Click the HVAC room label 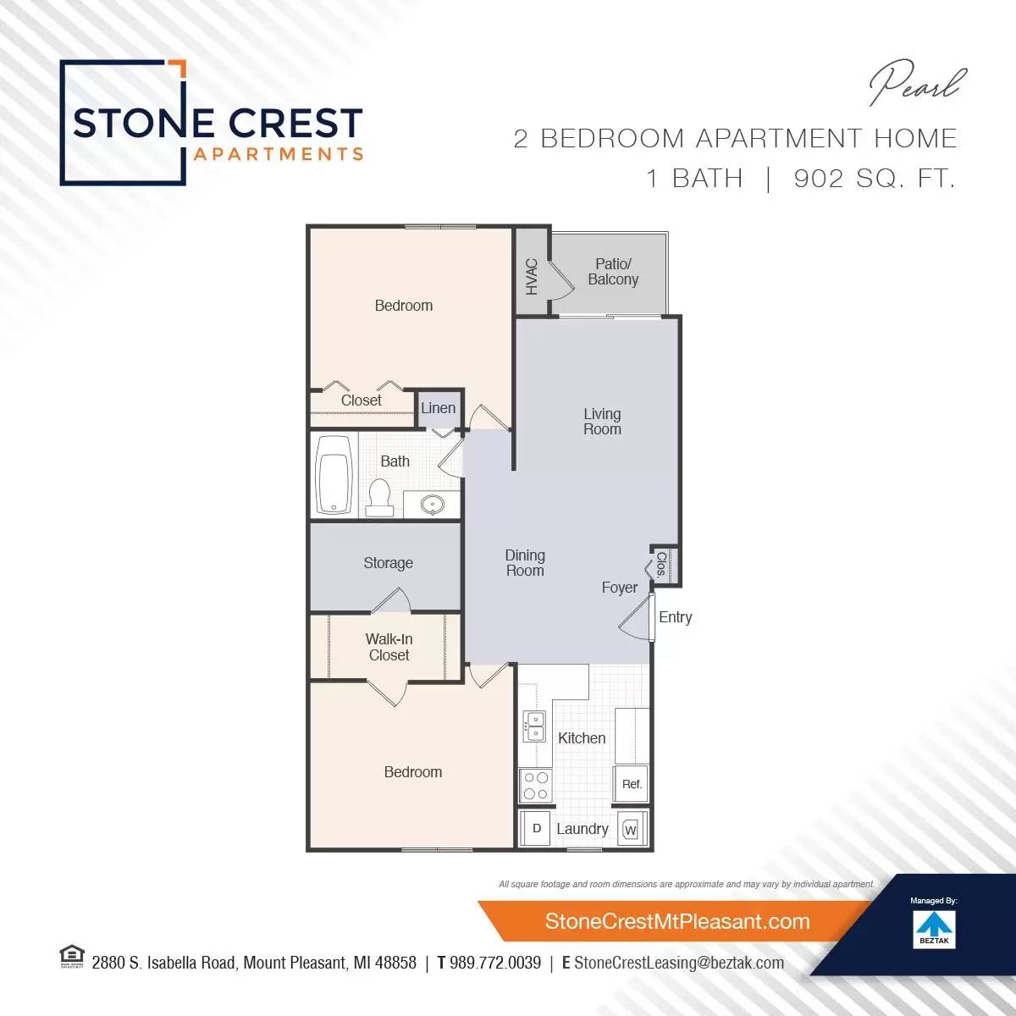[x=532, y=276]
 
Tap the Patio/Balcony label [x=613, y=272]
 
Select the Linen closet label [x=439, y=408]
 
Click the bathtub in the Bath [x=334, y=474]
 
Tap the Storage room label [x=388, y=563]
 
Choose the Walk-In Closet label [x=389, y=647]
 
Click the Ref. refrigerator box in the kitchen [x=632, y=784]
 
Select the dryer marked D [x=536, y=829]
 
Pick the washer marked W [x=630, y=830]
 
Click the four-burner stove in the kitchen [x=535, y=785]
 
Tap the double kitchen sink [x=535, y=726]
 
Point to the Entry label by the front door [x=676, y=617]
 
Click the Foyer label [x=620, y=588]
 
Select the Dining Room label [x=525, y=563]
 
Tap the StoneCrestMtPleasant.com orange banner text [x=677, y=921]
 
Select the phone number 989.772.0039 [x=495, y=963]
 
